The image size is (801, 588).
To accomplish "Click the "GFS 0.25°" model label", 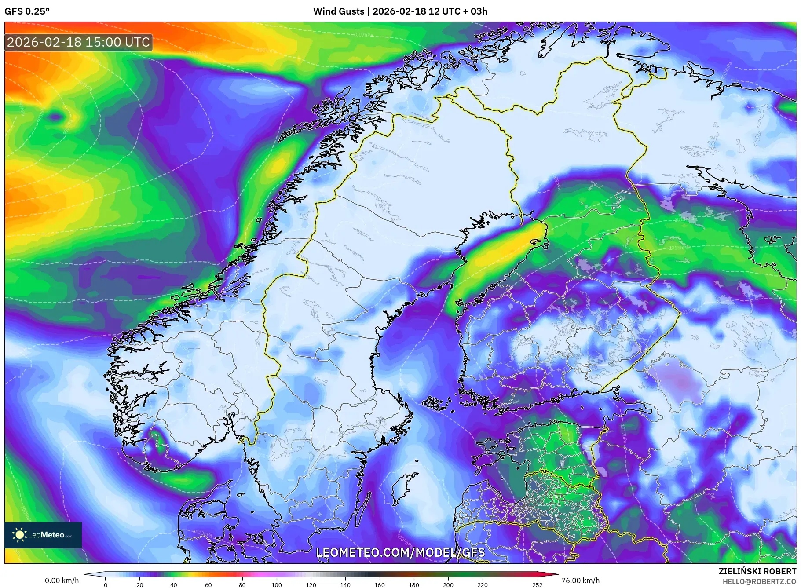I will click(x=27, y=11).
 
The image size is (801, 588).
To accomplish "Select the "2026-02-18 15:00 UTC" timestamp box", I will click(x=78, y=42).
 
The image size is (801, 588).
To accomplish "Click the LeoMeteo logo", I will click(x=43, y=535).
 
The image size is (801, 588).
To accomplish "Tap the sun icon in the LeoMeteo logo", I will click(x=19, y=535).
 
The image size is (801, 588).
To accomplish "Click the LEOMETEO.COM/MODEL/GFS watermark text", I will click(x=400, y=552).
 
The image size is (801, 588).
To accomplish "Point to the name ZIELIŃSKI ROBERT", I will click(x=757, y=571).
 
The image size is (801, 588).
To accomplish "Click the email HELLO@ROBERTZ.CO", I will click(x=759, y=581).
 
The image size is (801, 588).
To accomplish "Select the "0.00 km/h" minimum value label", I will click(x=62, y=581).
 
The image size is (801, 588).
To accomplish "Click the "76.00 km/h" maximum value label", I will click(x=580, y=581).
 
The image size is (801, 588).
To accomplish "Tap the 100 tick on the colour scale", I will click(x=276, y=585).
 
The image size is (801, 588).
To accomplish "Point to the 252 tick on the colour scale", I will click(x=537, y=585).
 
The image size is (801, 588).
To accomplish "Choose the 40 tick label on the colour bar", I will click(x=174, y=585).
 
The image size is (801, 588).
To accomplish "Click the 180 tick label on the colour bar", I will click(x=413, y=585).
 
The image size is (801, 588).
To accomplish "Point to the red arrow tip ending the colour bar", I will click(x=555, y=574).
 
